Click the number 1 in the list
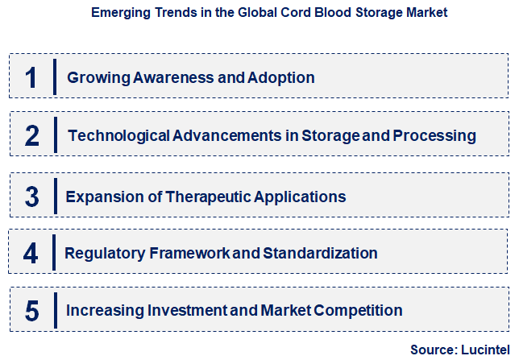pos(31,78)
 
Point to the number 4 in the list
pos(31,254)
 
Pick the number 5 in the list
pos(31,311)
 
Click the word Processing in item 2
pos(434,136)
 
